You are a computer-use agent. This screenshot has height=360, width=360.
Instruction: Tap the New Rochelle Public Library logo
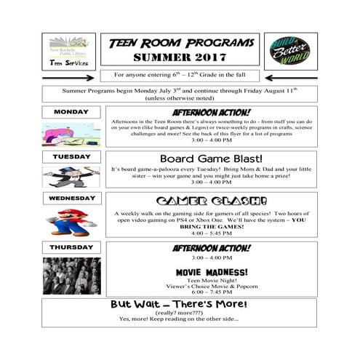68,51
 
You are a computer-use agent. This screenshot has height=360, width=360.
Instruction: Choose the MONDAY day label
71,112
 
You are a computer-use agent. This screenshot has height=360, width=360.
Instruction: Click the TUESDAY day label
71,156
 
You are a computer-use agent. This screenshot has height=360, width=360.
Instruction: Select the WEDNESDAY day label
71,198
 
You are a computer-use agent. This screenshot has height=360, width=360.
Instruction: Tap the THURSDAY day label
71,247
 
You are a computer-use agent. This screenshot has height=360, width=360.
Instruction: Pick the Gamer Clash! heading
211,201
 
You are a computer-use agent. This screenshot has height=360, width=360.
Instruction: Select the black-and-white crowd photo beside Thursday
71,275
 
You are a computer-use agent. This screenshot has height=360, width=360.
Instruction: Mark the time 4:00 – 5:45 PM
211,233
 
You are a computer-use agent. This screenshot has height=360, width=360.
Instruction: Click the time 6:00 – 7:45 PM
212,292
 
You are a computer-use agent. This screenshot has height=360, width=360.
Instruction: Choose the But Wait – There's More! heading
178,305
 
